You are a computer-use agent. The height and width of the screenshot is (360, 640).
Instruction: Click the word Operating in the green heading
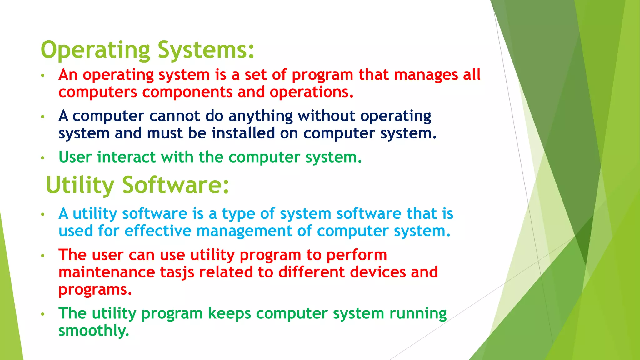(95, 50)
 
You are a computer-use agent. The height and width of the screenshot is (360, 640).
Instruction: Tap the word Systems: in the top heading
(206, 50)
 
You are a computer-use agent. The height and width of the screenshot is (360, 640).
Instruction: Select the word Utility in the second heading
(80, 185)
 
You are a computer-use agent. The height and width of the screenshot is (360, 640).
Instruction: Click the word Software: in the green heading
(176, 185)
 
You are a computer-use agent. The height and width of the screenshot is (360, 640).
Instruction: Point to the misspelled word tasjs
(177, 272)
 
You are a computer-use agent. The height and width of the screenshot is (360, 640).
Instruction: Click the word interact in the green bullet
(126, 157)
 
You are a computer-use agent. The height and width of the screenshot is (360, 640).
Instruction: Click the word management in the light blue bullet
(244, 231)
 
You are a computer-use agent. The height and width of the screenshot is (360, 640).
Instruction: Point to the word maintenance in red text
(107, 272)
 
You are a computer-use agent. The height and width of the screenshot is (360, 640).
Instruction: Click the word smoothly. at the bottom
(94, 331)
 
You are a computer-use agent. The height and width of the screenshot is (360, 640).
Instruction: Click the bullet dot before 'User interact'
(43, 158)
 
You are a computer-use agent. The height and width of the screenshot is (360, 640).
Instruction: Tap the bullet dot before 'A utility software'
(43, 214)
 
